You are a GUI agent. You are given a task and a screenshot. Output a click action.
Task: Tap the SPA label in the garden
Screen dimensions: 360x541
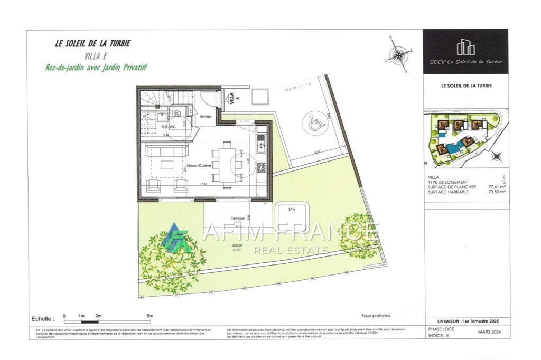[x=292, y=210]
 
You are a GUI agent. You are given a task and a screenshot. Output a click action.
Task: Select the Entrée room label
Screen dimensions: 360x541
[x=206, y=116]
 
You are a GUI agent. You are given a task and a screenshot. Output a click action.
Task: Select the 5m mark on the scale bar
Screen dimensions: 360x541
[x=150, y=316]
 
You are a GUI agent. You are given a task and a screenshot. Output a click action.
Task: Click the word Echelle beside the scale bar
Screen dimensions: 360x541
[x=43, y=319]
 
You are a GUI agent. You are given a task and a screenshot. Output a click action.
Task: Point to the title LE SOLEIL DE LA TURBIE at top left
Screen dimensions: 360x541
[x=92, y=44]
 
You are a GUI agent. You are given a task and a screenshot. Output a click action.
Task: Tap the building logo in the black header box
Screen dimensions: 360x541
[x=465, y=47]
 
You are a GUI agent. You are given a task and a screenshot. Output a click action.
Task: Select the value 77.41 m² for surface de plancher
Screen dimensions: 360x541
[x=497, y=187]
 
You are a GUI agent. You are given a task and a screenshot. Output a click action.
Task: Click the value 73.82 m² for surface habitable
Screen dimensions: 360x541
[x=497, y=192]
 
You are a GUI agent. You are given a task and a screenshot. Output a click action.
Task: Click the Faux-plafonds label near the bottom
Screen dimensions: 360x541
[x=376, y=316]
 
